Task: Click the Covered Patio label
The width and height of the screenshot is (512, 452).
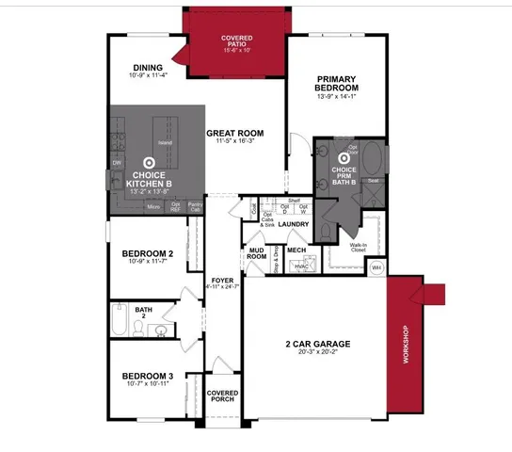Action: click(x=237, y=42)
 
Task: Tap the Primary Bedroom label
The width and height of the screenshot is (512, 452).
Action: click(x=337, y=83)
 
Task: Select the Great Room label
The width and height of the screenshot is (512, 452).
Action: click(x=234, y=133)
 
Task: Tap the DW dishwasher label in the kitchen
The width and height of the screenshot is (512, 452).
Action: click(x=118, y=163)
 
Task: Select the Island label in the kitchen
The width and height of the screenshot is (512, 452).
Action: click(x=165, y=143)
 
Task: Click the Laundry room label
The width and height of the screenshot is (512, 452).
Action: click(x=294, y=224)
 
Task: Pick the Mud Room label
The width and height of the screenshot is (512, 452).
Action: click(x=256, y=252)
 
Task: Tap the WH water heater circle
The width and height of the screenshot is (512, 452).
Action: click(x=377, y=267)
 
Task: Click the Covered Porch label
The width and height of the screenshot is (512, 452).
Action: click(x=222, y=396)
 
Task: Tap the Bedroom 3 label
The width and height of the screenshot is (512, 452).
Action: click(x=148, y=377)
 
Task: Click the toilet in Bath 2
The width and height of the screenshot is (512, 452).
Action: click(x=138, y=327)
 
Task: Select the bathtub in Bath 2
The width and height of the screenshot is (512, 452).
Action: click(x=118, y=319)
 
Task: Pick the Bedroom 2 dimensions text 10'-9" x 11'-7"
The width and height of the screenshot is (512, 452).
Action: click(x=147, y=263)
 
